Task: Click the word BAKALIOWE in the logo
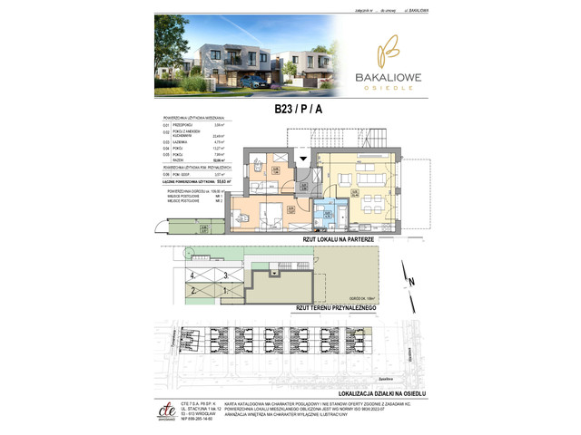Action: [x=382, y=80]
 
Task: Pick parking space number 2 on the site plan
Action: [x=193, y=290]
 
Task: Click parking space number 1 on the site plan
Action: [x=224, y=290]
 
